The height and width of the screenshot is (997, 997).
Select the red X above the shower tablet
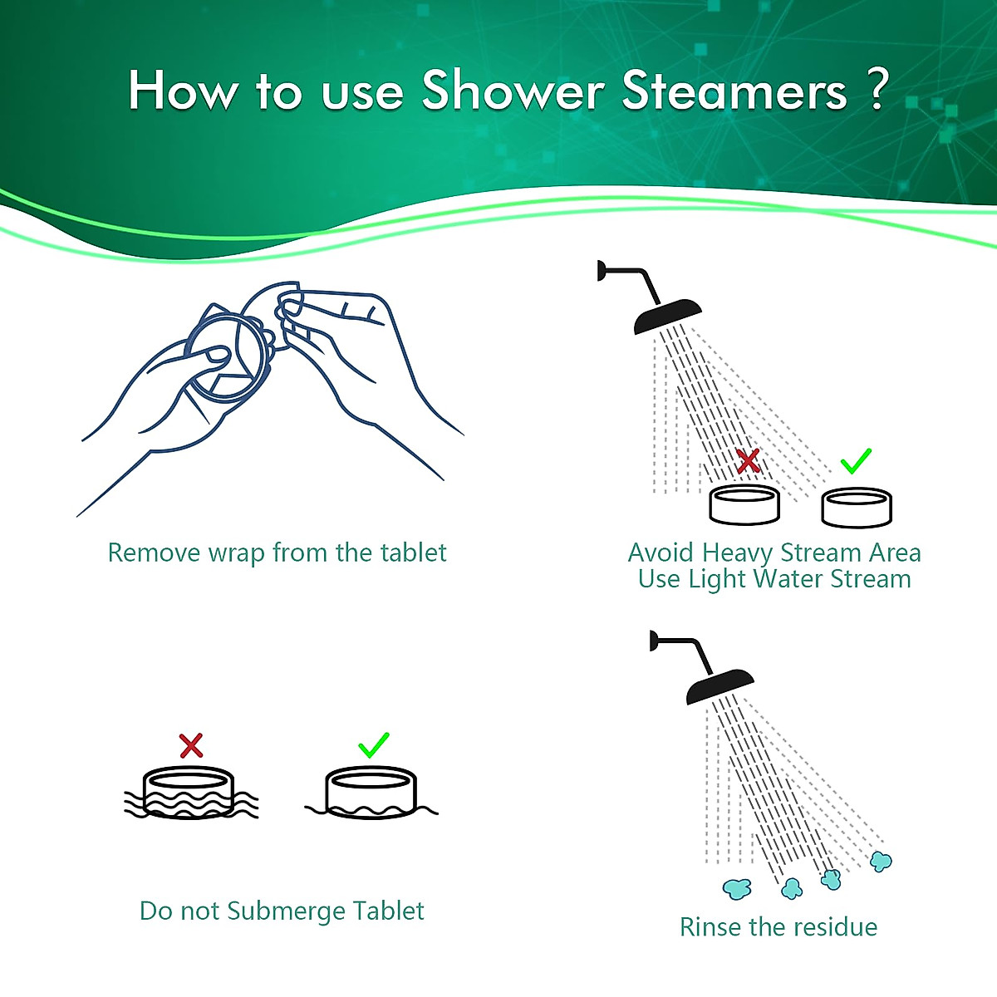[748, 461]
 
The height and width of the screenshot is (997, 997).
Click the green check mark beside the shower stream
[855, 460]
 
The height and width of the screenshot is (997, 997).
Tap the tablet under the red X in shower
[744, 504]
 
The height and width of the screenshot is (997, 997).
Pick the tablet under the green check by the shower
[857, 507]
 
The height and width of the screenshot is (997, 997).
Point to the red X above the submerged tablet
[191, 745]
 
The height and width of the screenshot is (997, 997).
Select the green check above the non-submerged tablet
[373, 744]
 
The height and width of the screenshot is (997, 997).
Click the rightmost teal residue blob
[881, 862]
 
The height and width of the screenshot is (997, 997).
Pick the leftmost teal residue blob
[737, 888]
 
